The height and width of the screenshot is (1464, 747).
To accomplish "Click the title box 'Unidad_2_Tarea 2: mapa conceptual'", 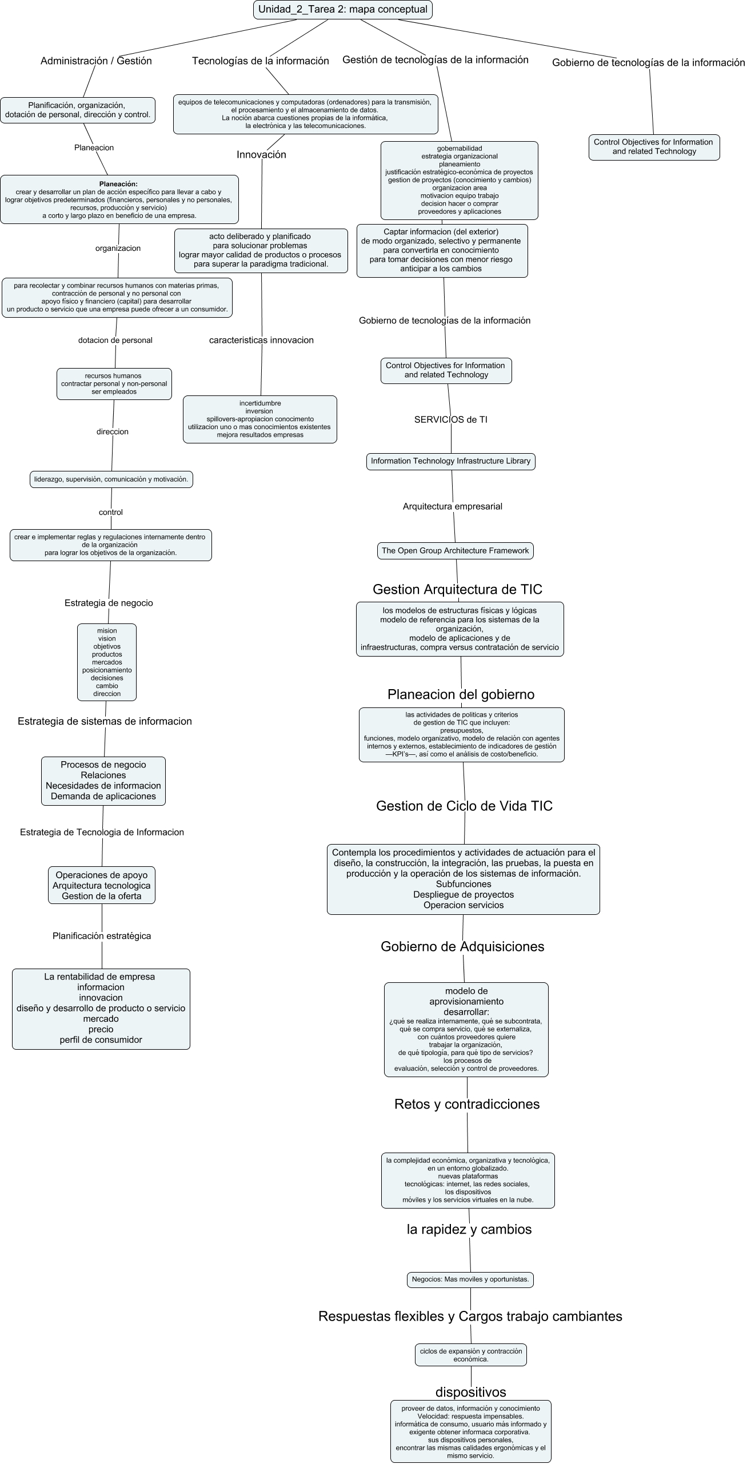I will [342, 10].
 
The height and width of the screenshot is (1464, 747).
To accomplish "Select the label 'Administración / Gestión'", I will [96, 61].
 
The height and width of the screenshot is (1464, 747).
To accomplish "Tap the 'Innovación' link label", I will [261, 154].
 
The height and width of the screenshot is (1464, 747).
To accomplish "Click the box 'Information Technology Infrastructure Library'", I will [450, 461].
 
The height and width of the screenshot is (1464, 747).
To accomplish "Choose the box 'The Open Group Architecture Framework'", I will [455, 551].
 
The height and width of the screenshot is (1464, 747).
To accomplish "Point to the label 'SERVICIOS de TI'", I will [450, 419].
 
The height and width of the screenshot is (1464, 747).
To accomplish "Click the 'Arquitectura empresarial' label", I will [452, 506].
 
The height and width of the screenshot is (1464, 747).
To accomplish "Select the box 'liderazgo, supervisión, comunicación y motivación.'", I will [111, 479].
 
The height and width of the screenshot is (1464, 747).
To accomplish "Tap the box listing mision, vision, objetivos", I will [107, 662].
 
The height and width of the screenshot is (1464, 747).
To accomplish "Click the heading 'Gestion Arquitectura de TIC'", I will [457, 589].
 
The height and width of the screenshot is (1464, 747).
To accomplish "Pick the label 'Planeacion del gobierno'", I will [461, 694].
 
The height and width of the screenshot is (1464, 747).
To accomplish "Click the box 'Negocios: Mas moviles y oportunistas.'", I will [470, 1279].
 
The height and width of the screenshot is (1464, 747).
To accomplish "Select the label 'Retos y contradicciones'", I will [466, 1104].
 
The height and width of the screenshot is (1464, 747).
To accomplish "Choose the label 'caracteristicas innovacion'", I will [261, 340].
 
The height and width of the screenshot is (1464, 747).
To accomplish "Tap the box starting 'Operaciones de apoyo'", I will [101, 885].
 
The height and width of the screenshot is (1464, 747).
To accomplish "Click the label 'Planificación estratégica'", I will [102, 936].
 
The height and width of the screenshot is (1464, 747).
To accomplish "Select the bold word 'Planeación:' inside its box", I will [118, 184].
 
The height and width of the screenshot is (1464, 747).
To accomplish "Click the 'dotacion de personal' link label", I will [115, 340].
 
